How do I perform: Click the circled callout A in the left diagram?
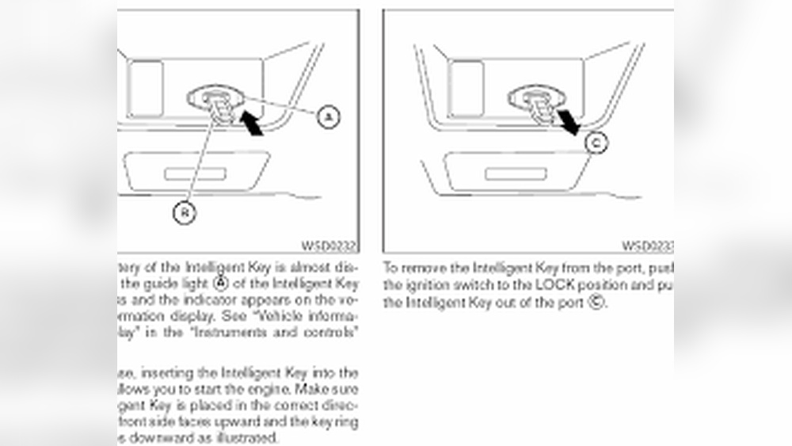(x=328, y=116)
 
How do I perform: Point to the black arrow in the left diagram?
(x=252, y=124)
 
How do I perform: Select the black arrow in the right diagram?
(x=569, y=123)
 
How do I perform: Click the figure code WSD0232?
(x=329, y=246)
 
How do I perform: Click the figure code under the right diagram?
(x=647, y=246)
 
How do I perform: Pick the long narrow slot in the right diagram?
(x=516, y=173)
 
